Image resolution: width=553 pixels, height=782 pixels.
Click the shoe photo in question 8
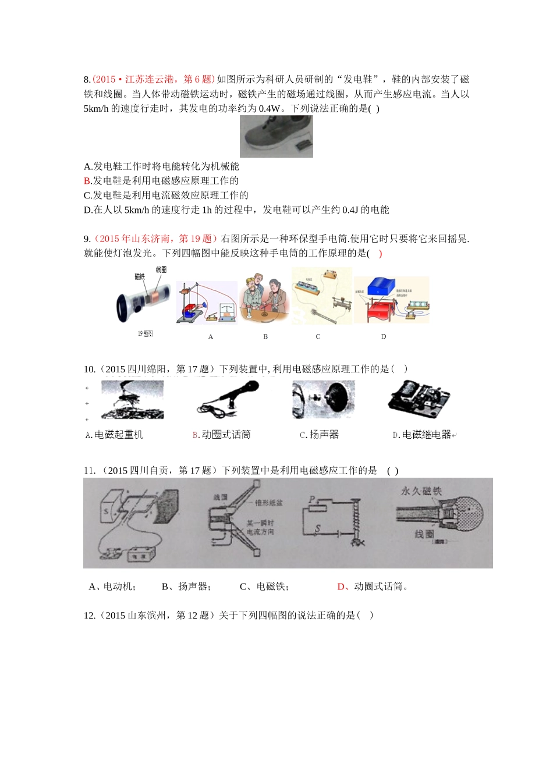coord(276,136)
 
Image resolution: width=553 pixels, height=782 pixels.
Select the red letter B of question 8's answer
coord(87,181)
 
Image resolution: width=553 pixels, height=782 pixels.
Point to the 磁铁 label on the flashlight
coord(140,276)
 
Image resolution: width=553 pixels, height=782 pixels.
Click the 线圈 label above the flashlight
coord(161,269)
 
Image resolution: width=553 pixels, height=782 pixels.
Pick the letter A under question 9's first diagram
coord(211,337)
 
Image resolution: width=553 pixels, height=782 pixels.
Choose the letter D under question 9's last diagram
coord(384,337)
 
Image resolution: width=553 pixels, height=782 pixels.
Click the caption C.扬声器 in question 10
coord(319,435)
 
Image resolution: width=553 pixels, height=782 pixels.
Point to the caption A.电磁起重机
coord(114,435)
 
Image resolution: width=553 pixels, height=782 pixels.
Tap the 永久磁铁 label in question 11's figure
coord(421,491)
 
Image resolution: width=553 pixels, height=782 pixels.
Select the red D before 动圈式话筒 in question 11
coord(341,586)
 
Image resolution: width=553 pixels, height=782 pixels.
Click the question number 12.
coord(89,616)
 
